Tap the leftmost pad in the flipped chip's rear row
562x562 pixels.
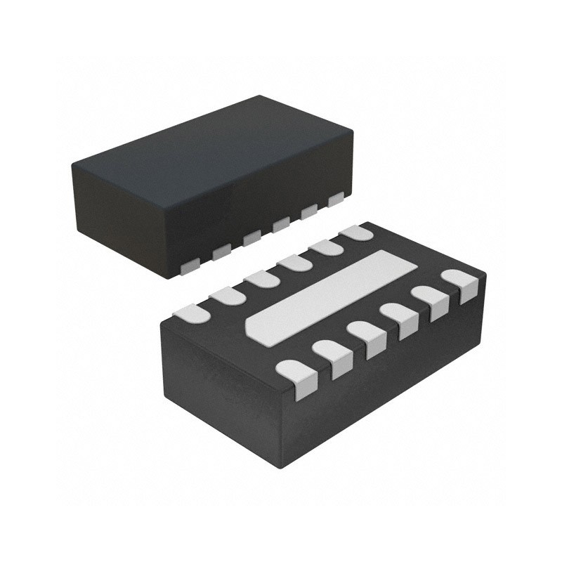pos(192,313)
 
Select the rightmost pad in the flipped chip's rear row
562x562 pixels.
pos(356,233)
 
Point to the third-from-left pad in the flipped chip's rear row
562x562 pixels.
pos(261,279)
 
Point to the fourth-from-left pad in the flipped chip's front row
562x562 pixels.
pos(398,318)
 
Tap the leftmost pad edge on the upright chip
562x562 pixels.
pos(190,266)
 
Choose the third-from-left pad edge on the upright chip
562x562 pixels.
pos(251,238)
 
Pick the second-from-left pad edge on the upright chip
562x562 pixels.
pos(221,251)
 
